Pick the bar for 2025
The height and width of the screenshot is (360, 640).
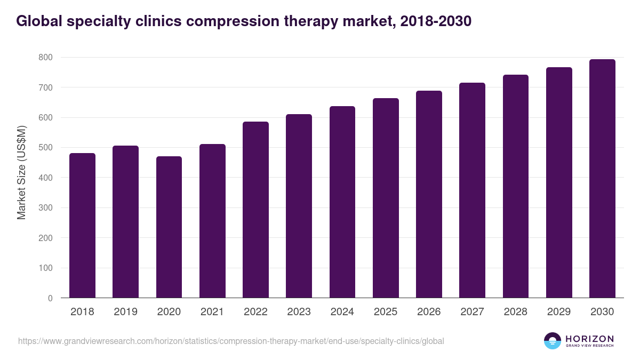(386, 198)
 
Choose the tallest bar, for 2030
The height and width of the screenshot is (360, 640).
(602, 179)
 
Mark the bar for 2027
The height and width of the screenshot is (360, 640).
(472, 190)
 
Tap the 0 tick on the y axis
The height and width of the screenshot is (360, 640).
(50, 298)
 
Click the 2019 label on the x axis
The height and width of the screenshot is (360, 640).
(125, 312)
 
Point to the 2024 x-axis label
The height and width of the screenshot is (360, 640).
(342, 312)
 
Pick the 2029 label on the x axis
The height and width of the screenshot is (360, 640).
(559, 312)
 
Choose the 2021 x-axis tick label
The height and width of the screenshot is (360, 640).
(212, 312)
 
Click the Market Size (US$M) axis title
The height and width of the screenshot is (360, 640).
(22, 173)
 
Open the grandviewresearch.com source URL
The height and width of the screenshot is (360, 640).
(231, 341)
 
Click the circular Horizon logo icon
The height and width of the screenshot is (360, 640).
(553, 341)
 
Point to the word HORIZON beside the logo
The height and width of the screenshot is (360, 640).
(589, 339)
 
